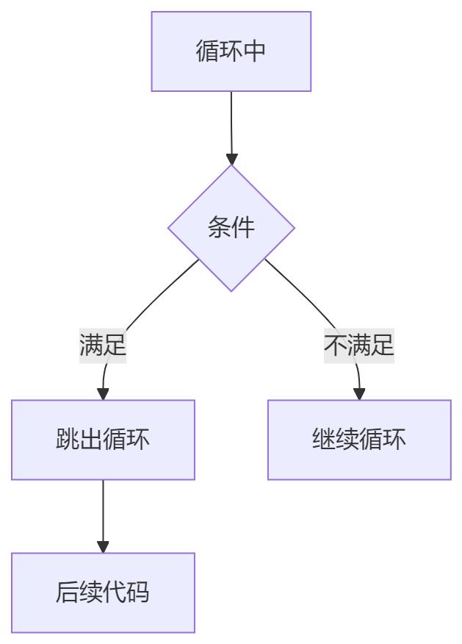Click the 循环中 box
[x=231, y=51]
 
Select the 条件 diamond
[x=231, y=228]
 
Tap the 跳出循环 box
[x=103, y=440]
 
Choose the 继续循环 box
[x=358, y=440]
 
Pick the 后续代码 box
[x=103, y=593]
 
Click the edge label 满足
[x=103, y=345]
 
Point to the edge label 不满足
[x=359, y=345]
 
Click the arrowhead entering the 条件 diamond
[x=231, y=159]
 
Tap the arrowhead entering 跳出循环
[x=103, y=394]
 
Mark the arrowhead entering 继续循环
[x=358, y=394]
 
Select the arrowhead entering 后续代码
[x=103, y=547]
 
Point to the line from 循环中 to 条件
[x=231, y=121]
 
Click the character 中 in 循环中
[x=254, y=51]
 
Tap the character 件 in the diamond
[x=243, y=228]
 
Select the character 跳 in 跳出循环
[x=68, y=440]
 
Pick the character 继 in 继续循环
[x=323, y=440]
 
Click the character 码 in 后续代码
[x=138, y=593]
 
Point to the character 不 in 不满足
[x=336, y=345]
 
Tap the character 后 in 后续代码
[x=68, y=593]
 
